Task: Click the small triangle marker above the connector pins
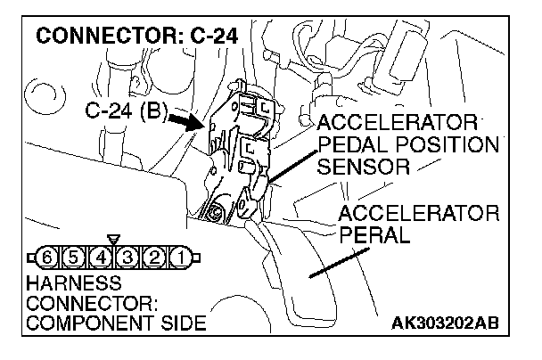coord(112,241)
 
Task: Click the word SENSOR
coord(361,167)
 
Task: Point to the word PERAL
coord(374,236)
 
